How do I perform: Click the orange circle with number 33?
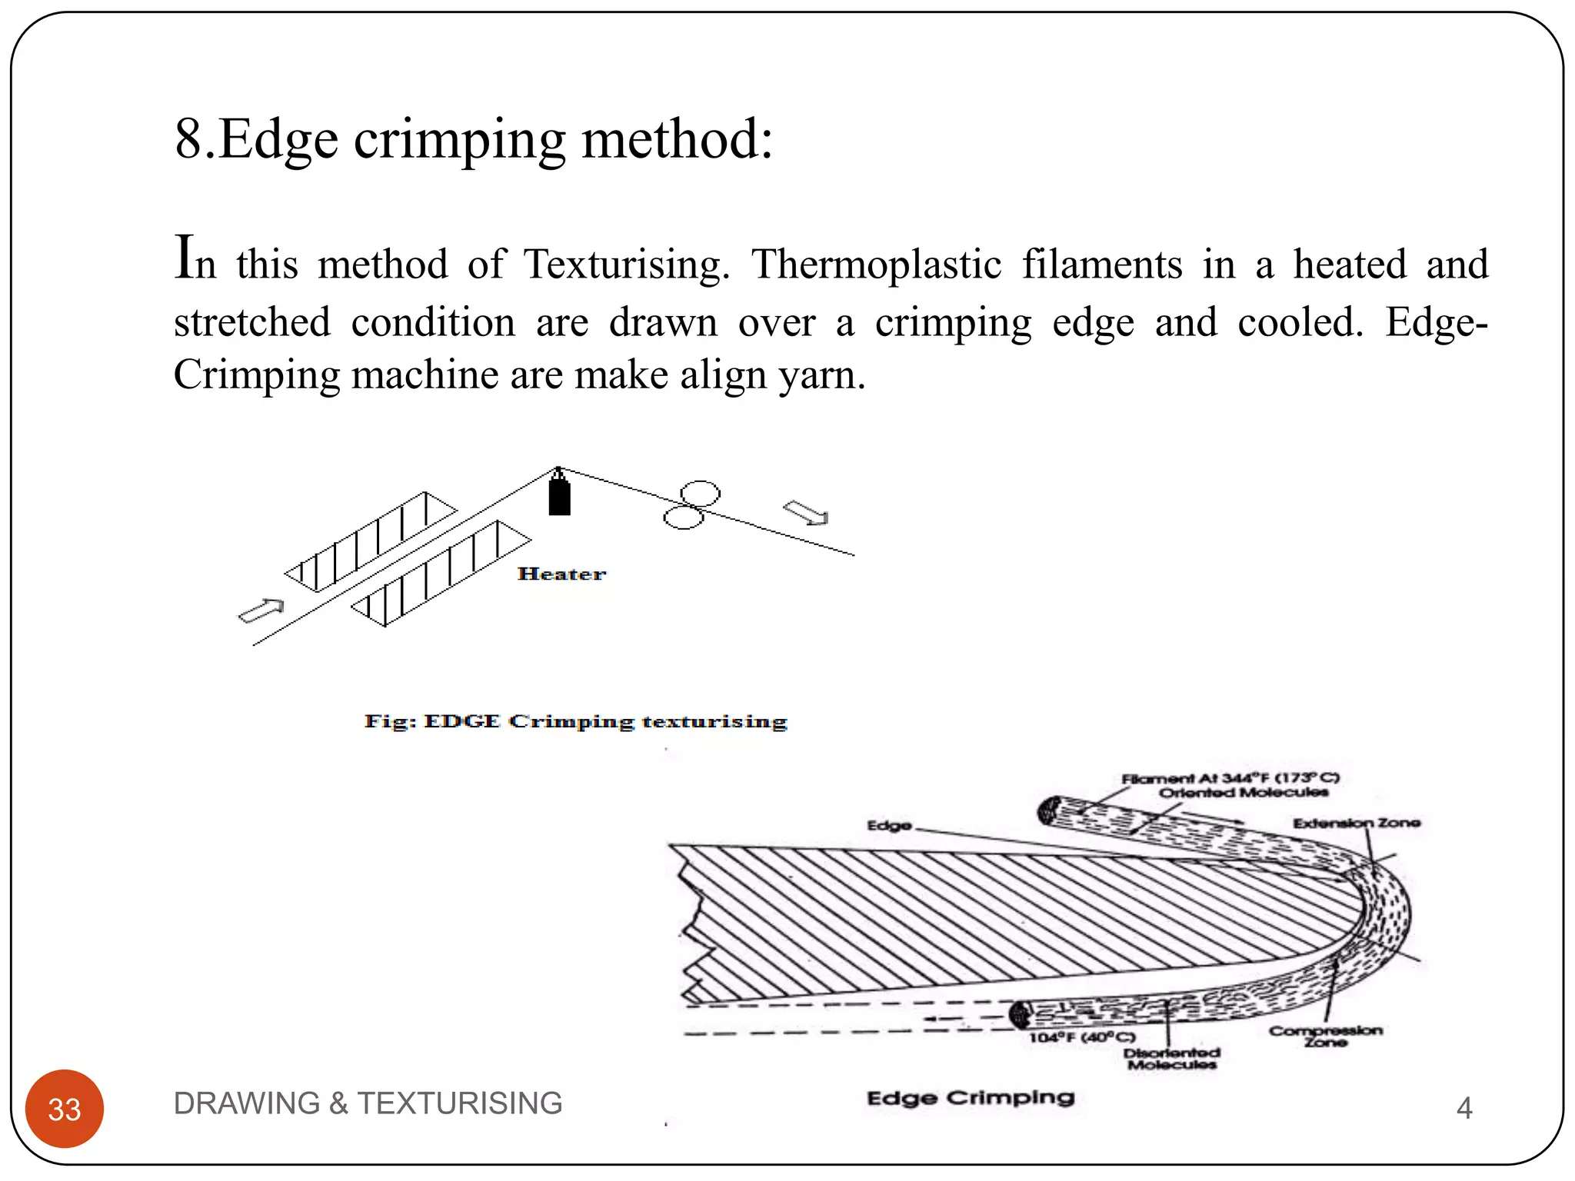(65, 1108)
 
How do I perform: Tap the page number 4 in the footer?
(1464, 1108)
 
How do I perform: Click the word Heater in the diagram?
(561, 574)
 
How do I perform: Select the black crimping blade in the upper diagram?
(559, 496)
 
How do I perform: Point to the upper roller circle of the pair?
(700, 493)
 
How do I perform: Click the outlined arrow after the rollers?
(805, 513)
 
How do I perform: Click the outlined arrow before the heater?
(261, 610)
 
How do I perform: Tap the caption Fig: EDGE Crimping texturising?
(575, 721)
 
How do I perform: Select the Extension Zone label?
(1357, 823)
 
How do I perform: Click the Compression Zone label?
(1325, 1036)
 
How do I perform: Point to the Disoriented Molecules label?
(1171, 1058)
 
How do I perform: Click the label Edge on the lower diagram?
(889, 825)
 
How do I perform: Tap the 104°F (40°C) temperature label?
(1082, 1037)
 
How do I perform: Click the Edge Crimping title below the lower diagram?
(971, 1097)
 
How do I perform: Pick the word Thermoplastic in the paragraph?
(877, 264)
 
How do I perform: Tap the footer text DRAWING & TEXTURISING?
(368, 1103)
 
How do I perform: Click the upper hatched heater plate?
(371, 542)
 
